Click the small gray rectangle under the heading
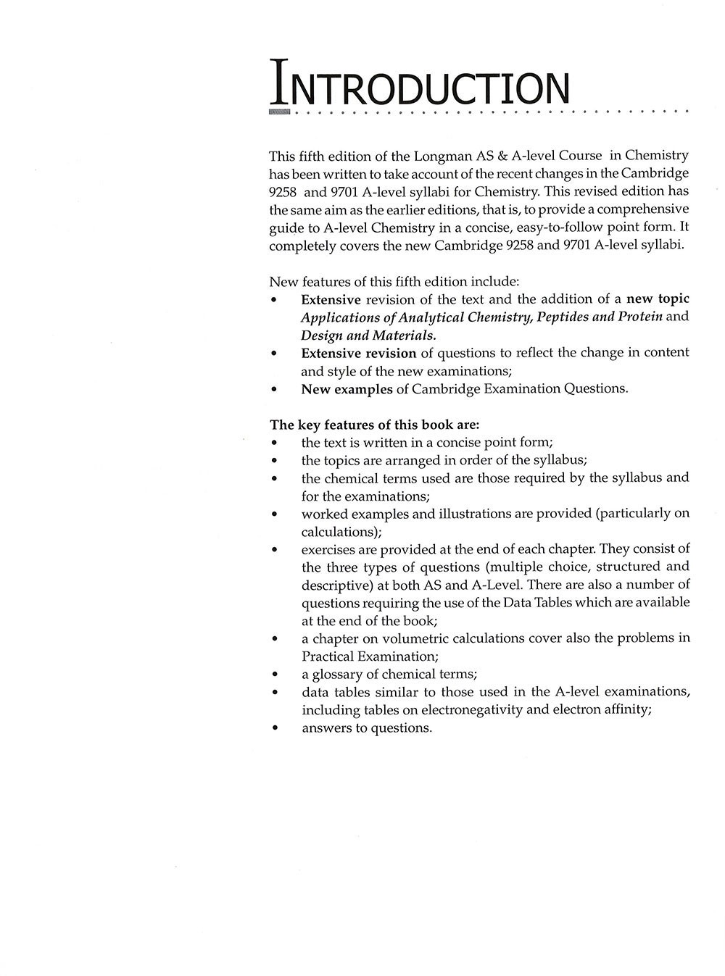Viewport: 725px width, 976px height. [279, 113]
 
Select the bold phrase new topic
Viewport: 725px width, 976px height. [658, 299]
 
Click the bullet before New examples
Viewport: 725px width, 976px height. [273, 389]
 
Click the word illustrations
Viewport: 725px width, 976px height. [463, 514]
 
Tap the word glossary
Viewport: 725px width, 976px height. [341, 674]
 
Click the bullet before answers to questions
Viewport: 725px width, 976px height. [273, 728]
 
